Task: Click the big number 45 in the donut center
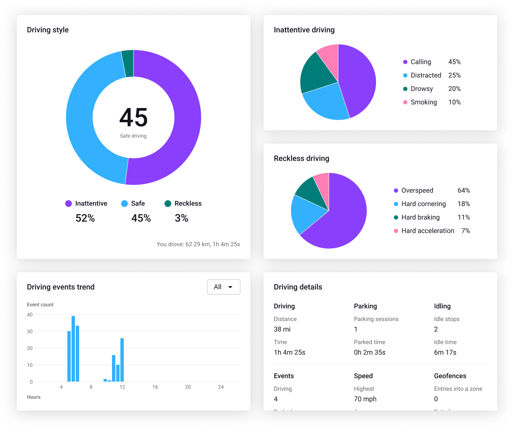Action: [133, 117]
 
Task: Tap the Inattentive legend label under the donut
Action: [91, 203]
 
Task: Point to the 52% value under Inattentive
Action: [85, 218]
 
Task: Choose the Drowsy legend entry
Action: [421, 89]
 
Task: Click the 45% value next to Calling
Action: [454, 62]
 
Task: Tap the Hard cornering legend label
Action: [423, 204]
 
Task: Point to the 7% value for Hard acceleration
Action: [465, 231]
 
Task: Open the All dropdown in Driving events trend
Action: [224, 287]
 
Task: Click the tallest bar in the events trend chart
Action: [73, 349]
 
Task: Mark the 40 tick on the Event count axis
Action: [30, 315]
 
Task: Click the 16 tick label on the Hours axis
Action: [155, 387]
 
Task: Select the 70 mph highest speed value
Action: [365, 399]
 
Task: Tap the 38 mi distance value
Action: [282, 329]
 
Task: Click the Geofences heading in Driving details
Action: [450, 376]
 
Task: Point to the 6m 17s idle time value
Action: [445, 353]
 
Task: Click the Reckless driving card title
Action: [301, 158]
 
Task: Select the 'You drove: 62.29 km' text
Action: [198, 244]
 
